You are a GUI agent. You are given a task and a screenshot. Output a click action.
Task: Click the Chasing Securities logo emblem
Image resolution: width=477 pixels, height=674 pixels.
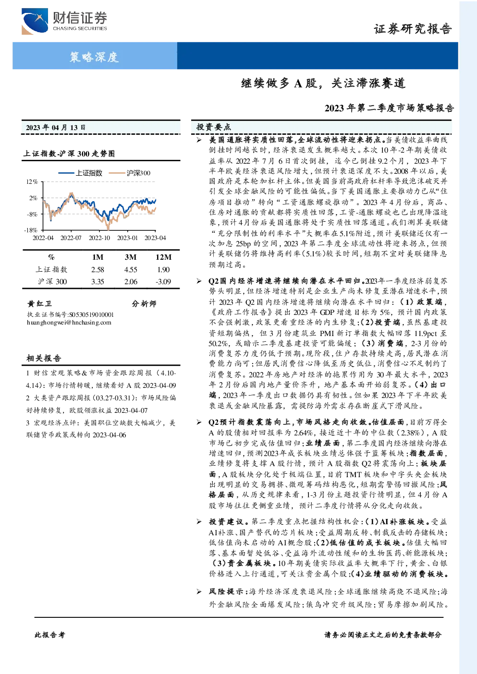(35, 22)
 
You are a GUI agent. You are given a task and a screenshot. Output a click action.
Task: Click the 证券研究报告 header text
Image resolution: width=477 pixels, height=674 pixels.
(413, 29)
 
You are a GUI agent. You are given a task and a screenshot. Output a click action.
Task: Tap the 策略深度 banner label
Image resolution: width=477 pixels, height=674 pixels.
(94, 57)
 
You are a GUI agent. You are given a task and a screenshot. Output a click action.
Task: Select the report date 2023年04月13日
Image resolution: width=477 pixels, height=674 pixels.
(56, 128)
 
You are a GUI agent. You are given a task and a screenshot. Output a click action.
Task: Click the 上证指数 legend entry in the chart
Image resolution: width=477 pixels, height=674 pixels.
(80, 173)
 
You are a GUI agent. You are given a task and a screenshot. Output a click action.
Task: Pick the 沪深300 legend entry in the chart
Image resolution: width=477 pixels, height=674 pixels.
(130, 173)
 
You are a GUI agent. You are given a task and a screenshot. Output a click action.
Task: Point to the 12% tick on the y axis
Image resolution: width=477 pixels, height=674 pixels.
(32, 182)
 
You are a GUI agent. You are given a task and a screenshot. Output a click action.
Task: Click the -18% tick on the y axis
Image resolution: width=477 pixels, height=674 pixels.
(31, 230)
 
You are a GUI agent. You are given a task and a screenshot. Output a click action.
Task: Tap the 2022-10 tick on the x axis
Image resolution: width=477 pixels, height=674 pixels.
(99, 238)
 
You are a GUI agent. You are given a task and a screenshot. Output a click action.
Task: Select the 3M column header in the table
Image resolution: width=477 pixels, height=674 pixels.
(131, 257)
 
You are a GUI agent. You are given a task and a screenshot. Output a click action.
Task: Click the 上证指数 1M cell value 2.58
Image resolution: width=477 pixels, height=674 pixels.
(98, 270)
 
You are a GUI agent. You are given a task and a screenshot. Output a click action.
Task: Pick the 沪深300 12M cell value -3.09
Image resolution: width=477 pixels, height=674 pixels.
(163, 282)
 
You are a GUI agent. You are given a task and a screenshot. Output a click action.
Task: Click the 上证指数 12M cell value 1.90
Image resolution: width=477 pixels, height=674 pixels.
(163, 270)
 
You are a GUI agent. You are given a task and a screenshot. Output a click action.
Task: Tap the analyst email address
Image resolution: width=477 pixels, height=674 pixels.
(69, 323)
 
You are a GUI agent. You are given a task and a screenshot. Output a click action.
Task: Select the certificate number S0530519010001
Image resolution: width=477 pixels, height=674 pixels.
(92, 315)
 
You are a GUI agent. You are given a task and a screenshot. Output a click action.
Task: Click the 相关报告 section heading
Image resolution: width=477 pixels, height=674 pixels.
(44, 358)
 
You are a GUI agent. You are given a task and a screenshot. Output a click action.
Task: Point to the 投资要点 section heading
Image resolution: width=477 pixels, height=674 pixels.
(214, 127)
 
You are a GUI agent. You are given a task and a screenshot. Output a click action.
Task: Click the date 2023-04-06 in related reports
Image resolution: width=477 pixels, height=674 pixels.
(110, 435)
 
